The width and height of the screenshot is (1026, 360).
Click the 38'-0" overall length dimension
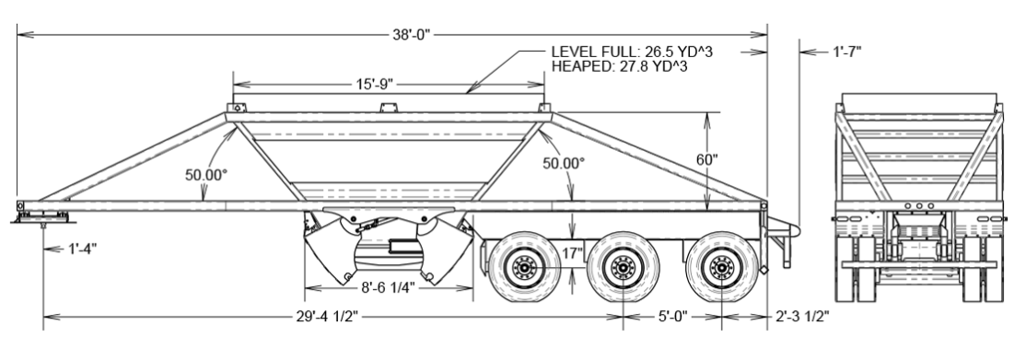pyautogui.click(x=410, y=35)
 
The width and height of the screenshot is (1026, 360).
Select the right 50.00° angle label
pyautogui.click(x=564, y=163)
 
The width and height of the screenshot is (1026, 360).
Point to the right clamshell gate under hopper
pyautogui.click(x=440, y=253)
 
